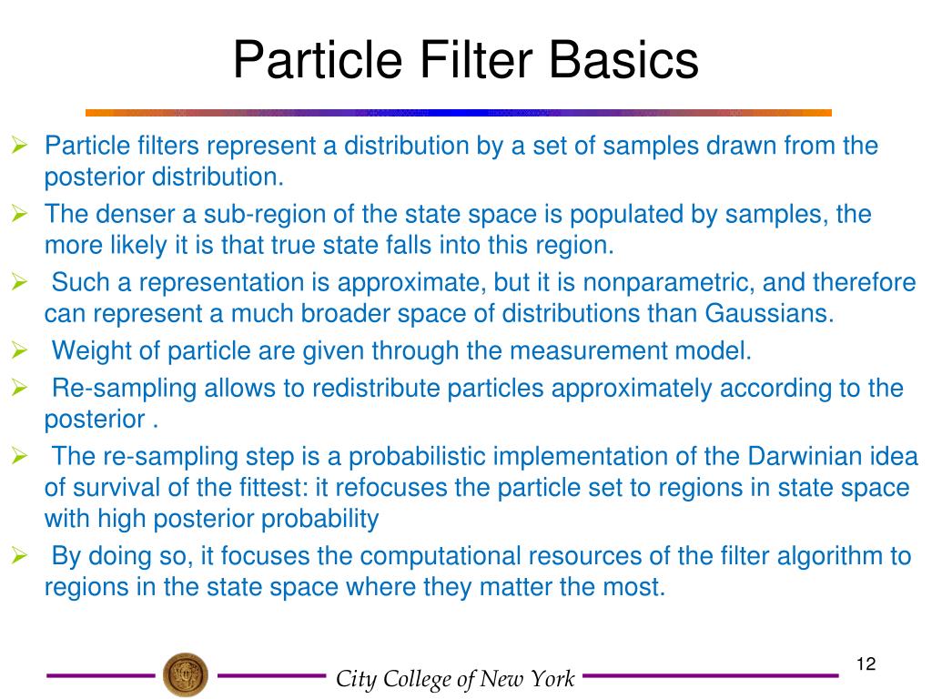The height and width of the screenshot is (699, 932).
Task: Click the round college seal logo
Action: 185,675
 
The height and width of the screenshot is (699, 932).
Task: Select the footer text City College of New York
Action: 455,679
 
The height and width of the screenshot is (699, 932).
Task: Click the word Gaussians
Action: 768,315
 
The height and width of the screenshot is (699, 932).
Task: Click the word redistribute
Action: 388,389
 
